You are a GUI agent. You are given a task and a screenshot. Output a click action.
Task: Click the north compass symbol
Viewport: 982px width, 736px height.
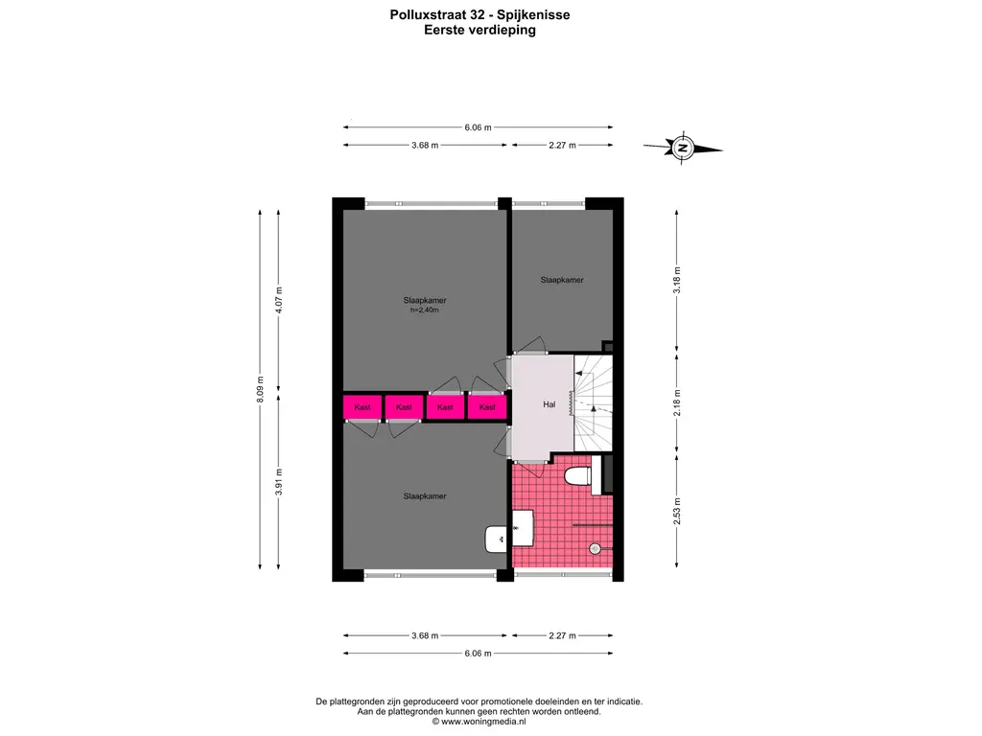(x=683, y=149)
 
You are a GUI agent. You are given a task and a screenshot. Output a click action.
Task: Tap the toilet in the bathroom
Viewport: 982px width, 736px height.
(x=577, y=476)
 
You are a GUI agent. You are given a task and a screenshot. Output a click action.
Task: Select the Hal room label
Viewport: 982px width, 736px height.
(x=549, y=404)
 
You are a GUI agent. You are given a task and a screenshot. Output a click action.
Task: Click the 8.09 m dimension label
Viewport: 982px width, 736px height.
(x=261, y=389)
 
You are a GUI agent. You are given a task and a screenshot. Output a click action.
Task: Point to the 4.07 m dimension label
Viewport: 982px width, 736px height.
(x=279, y=300)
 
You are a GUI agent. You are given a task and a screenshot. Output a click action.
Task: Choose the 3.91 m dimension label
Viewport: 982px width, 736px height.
(x=279, y=482)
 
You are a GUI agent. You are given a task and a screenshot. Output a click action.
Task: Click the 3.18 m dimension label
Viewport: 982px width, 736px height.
(x=677, y=281)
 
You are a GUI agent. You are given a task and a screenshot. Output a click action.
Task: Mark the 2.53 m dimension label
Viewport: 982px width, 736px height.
(x=677, y=512)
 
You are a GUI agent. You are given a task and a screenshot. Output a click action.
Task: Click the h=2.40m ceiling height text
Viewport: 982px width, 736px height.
(x=425, y=310)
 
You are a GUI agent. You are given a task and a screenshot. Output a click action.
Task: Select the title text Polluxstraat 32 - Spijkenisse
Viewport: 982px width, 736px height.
(x=479, y=15)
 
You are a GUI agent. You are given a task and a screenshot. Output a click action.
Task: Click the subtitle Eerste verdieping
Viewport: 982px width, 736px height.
(x=479, y=30)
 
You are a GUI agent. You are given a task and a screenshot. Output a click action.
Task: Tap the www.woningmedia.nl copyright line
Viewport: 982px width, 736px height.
(x=479, y=721)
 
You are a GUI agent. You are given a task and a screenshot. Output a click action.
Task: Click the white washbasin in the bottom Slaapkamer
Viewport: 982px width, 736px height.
(x=497, y=539)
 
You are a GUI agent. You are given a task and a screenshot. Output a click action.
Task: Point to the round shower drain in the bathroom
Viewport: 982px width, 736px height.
(x=595, y=549)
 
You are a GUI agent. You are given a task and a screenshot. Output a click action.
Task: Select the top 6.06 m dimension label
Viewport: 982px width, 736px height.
(x=478, y=127)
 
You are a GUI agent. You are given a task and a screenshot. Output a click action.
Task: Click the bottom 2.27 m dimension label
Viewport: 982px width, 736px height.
(x=562, y=635)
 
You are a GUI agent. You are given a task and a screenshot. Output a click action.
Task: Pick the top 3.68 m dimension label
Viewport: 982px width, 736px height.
(x=425, y=146)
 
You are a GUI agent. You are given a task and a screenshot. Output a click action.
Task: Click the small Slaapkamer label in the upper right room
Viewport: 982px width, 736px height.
(x=562, y=280)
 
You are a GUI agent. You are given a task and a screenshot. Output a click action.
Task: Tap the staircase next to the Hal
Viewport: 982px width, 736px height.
(x=593, y=402)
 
